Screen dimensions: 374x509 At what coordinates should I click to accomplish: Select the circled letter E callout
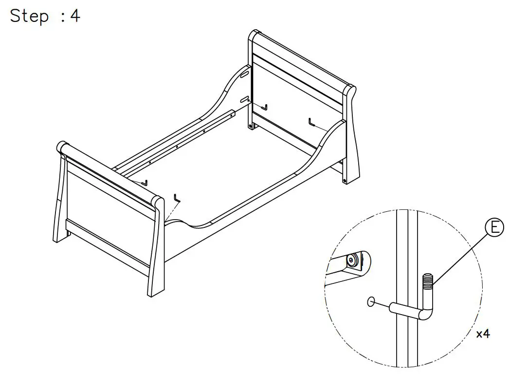point(494,228)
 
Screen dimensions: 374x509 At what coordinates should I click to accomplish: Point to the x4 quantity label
point(483,334)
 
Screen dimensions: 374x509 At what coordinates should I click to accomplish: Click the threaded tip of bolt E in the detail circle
point(427,281)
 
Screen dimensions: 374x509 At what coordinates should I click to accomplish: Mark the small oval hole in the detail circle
point(371,302)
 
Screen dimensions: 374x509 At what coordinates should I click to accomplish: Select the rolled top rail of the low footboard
point(109,170)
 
